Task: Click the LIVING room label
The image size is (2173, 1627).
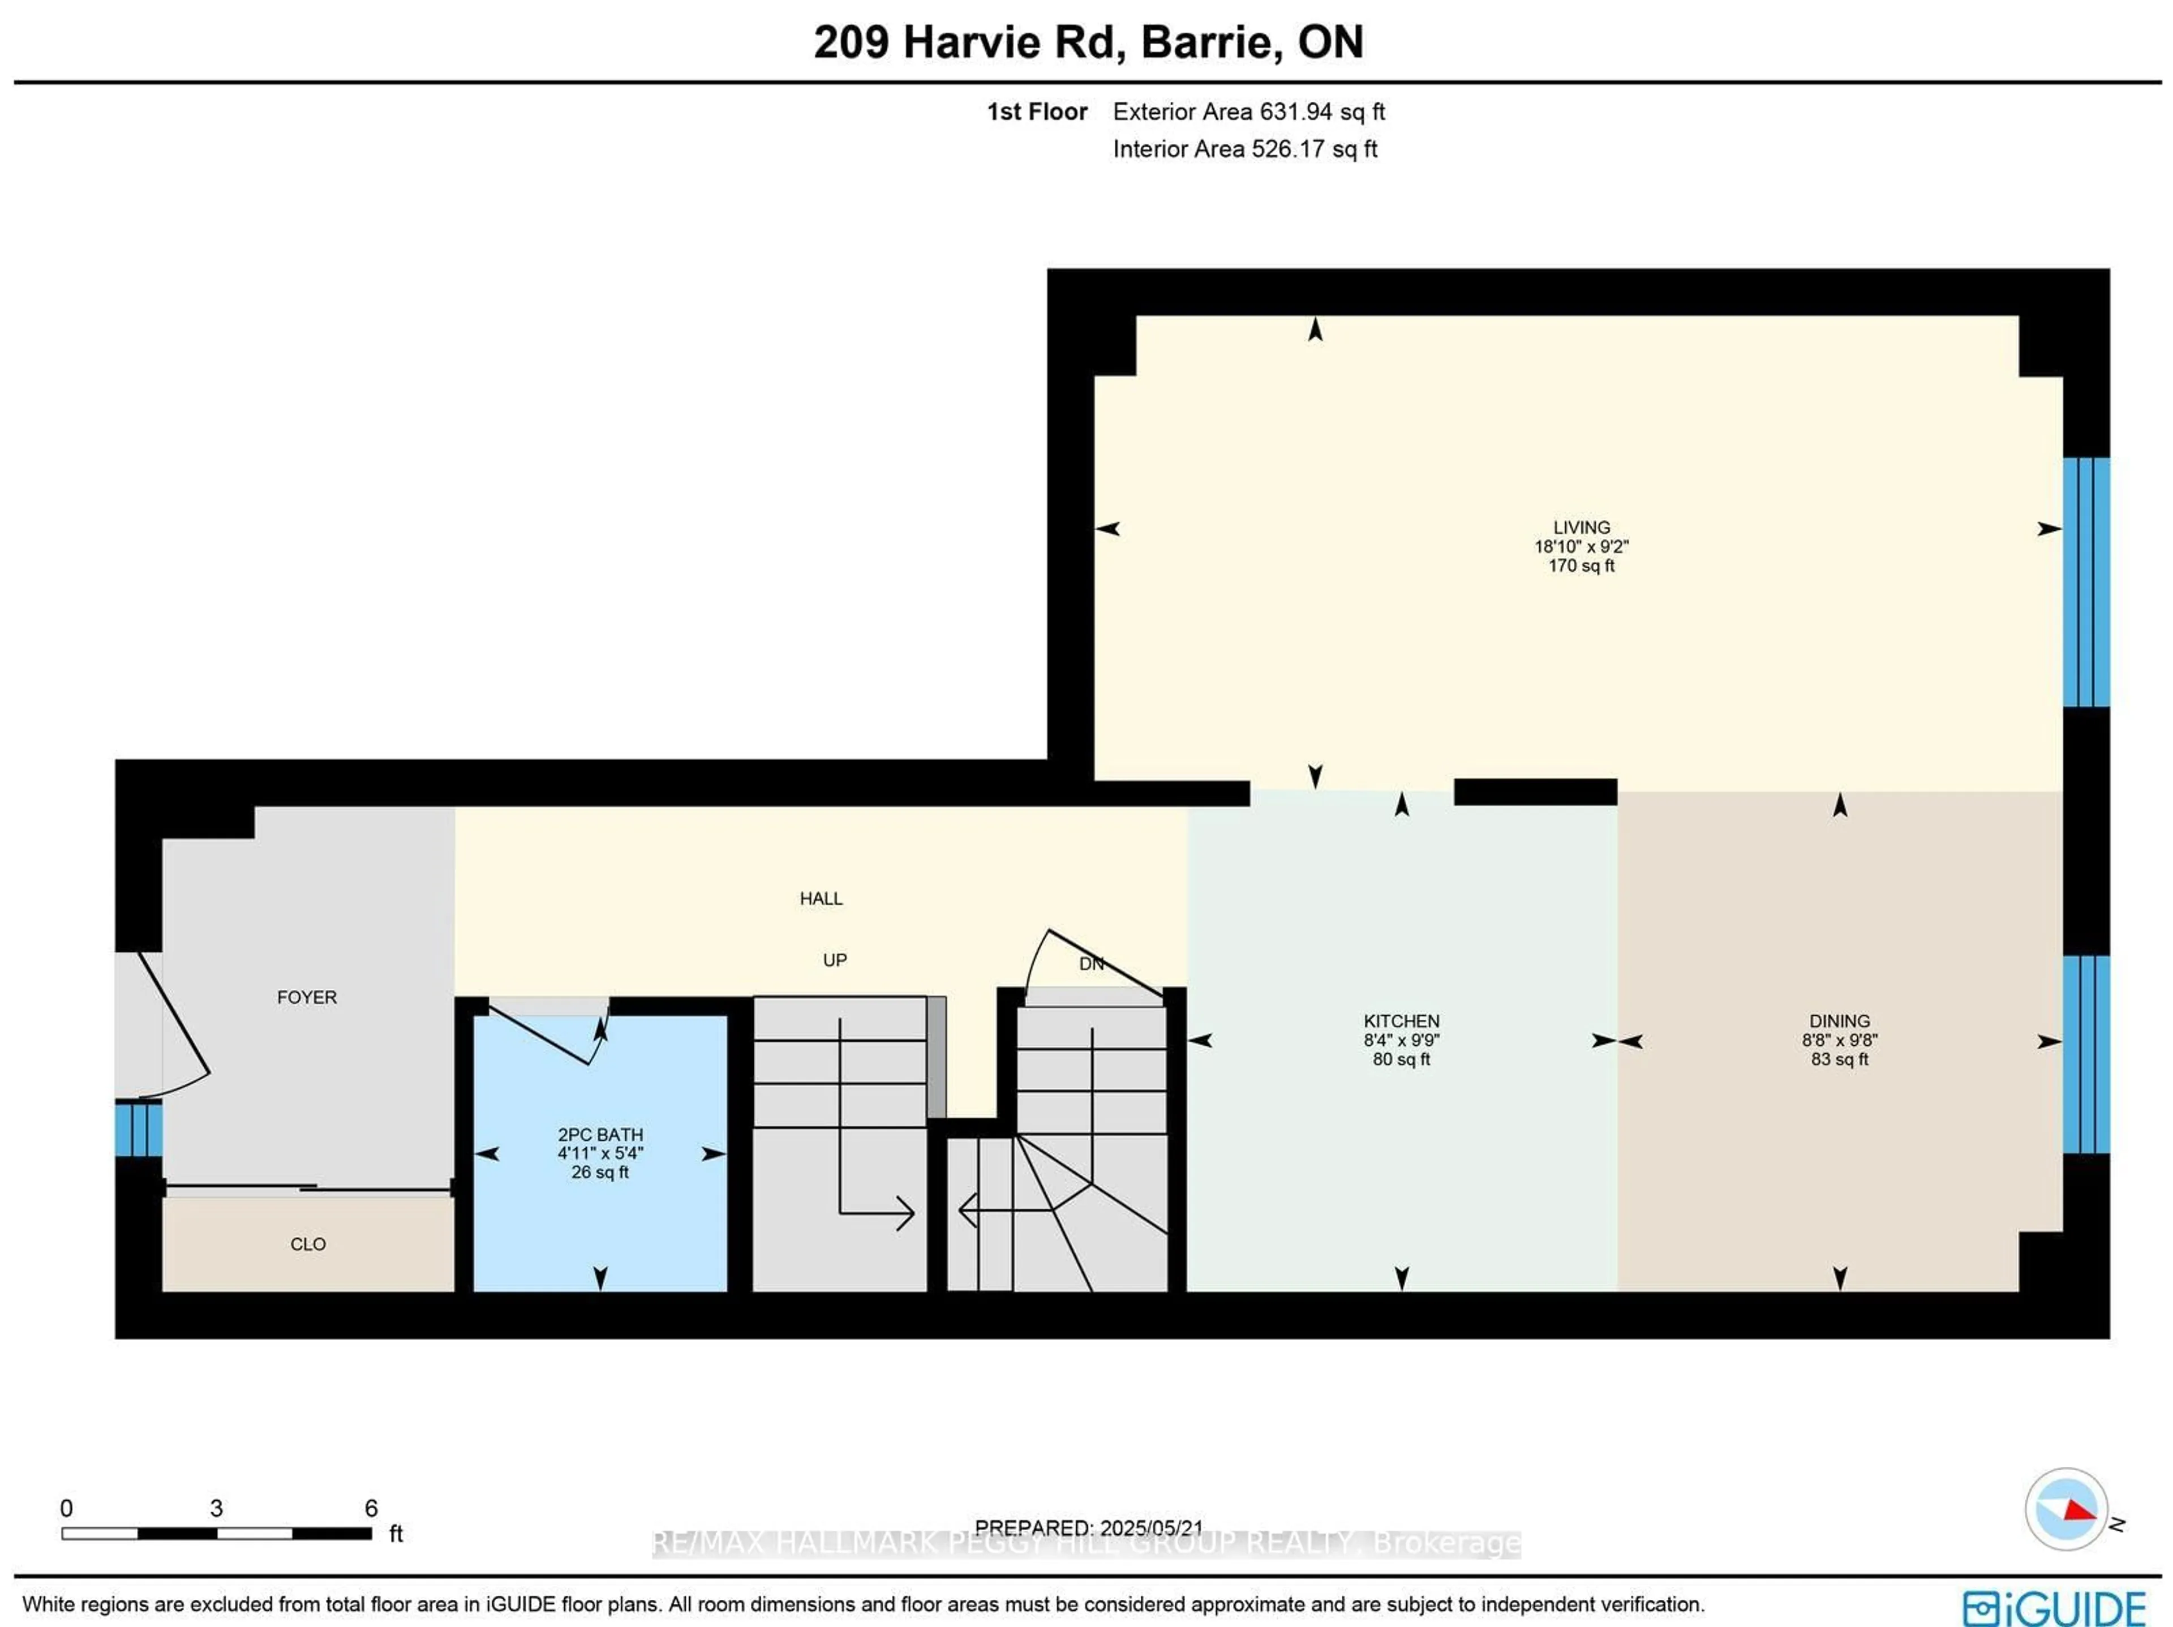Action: [x=1581, y=527]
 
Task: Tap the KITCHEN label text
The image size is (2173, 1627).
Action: [x=1401, y=1021]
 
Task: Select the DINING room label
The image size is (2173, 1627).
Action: [x=1839, y=1021]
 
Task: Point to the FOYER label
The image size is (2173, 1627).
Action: [x=307, y=997]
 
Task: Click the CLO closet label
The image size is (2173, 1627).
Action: [x=307, y=1244]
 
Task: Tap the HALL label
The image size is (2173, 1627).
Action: [x=821, y=898]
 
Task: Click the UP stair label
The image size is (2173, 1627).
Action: [x=834, y=960]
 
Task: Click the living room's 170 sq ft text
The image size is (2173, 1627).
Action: [x=1581, y=566]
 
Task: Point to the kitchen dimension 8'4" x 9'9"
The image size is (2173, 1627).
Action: [x=1401, y=1040]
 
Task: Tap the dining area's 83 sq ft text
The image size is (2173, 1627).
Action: [x=1839, y=1059]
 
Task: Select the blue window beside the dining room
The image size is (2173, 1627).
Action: [x=2085, y=1054]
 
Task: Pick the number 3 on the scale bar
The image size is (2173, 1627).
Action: [x=216, y=1508]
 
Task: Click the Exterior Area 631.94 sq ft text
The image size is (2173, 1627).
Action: [x=1248, y=112]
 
